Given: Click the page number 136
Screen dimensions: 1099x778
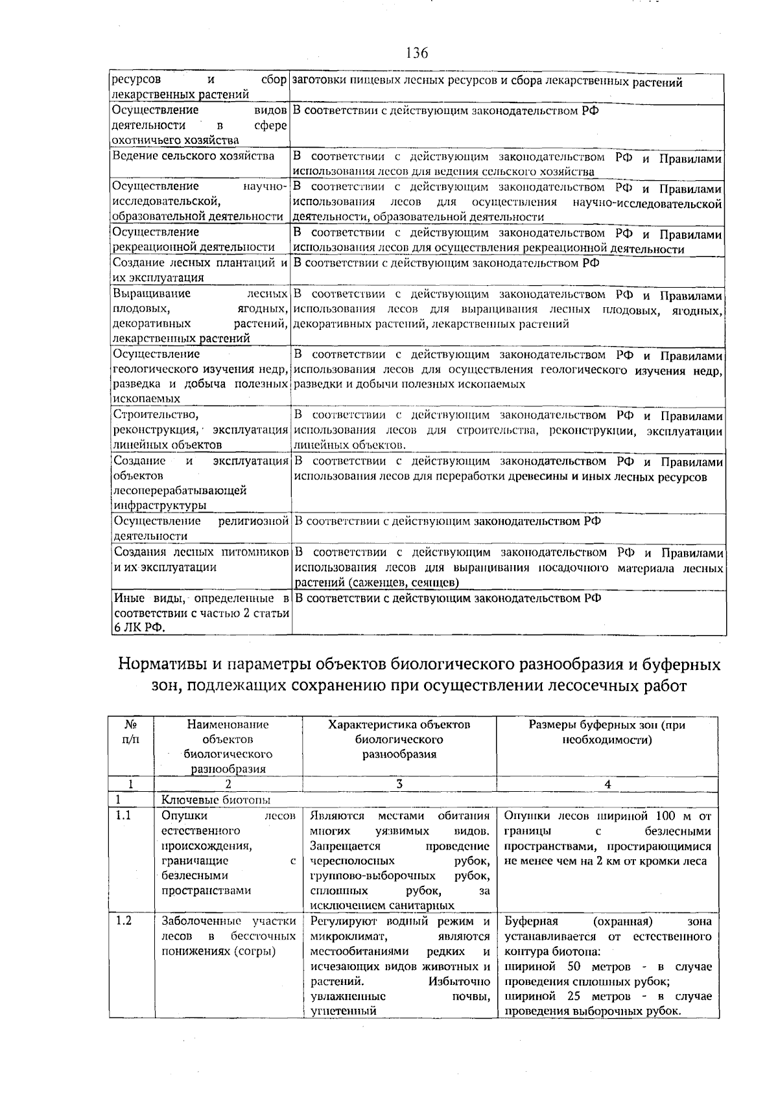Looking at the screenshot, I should (x=417, y=53).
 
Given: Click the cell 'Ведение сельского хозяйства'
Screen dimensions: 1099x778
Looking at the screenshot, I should (x=193, y=156).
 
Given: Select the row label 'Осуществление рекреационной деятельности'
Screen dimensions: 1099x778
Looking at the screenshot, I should (x=193, y=239).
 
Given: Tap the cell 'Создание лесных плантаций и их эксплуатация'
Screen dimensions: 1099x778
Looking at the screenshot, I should (x=200, y=270).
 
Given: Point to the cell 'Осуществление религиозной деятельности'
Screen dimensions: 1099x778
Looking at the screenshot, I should (x=200, y=528).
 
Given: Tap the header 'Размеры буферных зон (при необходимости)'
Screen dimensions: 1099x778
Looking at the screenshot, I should (x=607, y=732).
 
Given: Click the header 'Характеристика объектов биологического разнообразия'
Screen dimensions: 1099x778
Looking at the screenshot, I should (x=399, y=739).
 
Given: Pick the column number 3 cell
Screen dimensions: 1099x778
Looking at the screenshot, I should (x=399, y=783).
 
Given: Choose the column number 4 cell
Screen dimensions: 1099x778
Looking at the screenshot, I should (x=607, y=783).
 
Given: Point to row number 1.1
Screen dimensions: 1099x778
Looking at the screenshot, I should (x=123, y=816).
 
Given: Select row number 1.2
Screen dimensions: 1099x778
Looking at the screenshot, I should (x=123, y=921).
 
